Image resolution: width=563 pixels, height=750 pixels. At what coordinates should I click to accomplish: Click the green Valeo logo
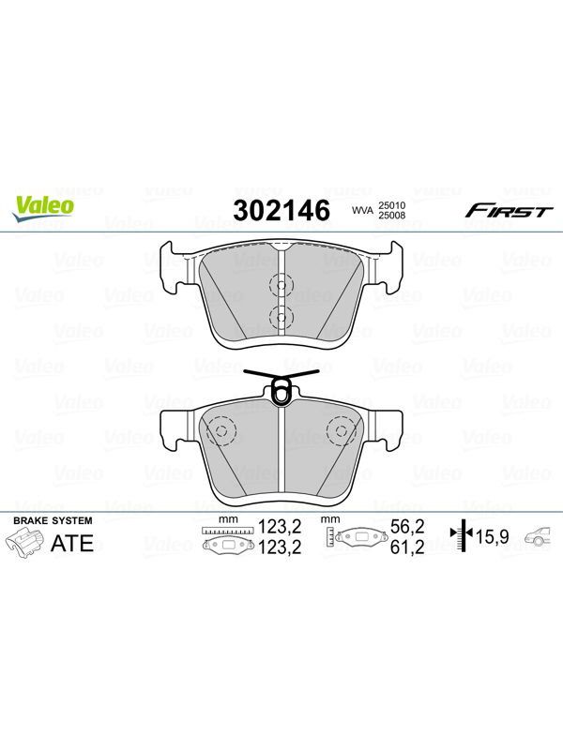pyautogui.click(x=43, y=208)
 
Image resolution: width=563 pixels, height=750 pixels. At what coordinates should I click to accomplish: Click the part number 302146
pyautogui.click(x=281, y=210)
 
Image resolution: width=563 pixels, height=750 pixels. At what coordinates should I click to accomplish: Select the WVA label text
pyautogui.click(x=362, y=210)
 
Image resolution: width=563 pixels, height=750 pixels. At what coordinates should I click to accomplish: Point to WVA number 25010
pyautogui.click(x=392, y=205)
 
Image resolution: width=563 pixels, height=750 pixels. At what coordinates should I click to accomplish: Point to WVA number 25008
pyautogui.click(x=392, y=216)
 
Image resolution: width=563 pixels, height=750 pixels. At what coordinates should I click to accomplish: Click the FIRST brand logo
pyautogui.click(x=510, y=211)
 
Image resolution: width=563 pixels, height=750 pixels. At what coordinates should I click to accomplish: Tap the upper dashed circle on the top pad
pyautogui.click(x=281, y=286)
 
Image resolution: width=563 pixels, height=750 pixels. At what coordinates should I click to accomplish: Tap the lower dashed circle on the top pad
pyautogui.click(x=281, y=317)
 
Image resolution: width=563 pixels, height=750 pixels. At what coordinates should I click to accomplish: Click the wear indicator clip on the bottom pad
pyautogui.click(x=281, y=386)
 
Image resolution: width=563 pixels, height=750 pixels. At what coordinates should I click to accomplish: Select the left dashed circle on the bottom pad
pyautogui.click(x=221, y=430)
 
